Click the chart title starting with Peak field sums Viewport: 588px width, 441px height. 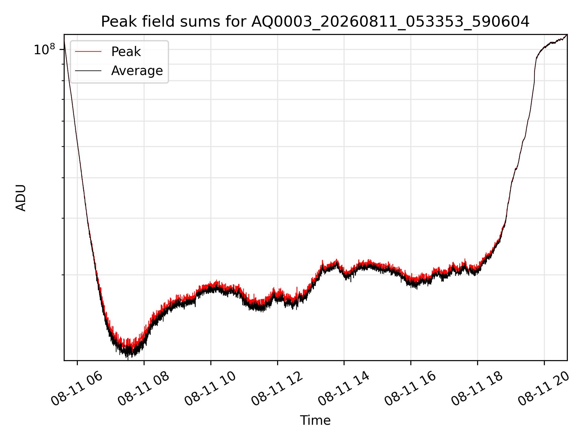click(x=315, y=22)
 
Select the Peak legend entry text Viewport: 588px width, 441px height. click(x=126, y=52)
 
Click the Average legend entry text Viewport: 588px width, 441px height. click(x=137, y=71)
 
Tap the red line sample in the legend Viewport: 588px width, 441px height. click(x=88, y=52)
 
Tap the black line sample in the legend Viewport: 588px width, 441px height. click(x=88, y=71)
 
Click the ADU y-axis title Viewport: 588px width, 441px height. click(x=21, y=198)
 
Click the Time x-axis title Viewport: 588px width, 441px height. click(x=315, y=420)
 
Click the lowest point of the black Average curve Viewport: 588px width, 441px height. click(x=128, y=359)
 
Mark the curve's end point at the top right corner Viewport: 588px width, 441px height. click(x=567, y=35)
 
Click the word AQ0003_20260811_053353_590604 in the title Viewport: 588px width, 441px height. click(x=390, y=22)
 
